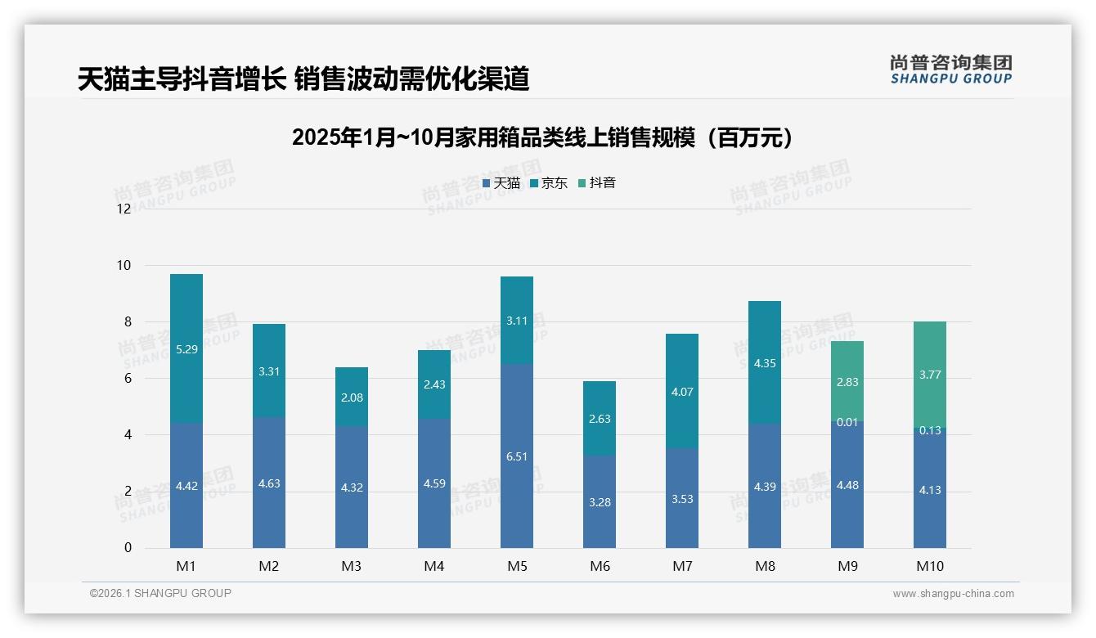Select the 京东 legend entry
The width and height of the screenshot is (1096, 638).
(x=548, y=183)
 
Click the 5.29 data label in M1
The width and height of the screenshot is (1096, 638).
(x=186, y=349)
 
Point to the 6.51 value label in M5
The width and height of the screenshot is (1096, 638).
(x=517, y=456)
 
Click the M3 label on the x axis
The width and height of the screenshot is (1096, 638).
(x=352, y=566)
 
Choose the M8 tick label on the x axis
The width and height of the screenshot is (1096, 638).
(x=765, y=566)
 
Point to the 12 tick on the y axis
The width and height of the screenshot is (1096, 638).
(x=124, y=209)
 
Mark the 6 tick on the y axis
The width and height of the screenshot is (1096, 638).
(x=127, y=379)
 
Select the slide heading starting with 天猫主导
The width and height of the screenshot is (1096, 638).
(x=303, y=79)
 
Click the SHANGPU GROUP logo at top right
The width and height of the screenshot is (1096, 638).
(x=950, y=70)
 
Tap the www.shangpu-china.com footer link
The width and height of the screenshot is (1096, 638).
(x=953, y=594)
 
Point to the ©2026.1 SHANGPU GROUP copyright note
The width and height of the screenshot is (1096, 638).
(x=160, y=593)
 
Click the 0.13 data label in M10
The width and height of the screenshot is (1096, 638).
(x=930, y=431)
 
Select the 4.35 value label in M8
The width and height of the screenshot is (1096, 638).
(x=765, y=362)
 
